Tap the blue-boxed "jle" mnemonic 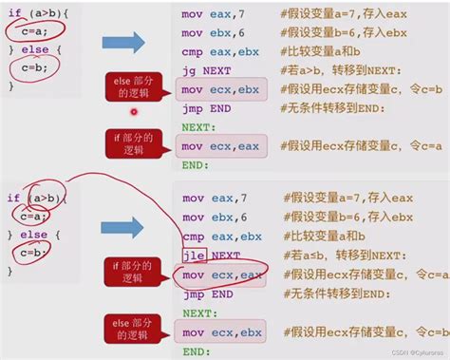tap(194, 256)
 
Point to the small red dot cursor tap(134, 111)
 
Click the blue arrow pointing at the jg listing tap(123, 41)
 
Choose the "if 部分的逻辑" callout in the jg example tap(135, 144)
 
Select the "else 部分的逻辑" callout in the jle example tap(135, 329)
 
